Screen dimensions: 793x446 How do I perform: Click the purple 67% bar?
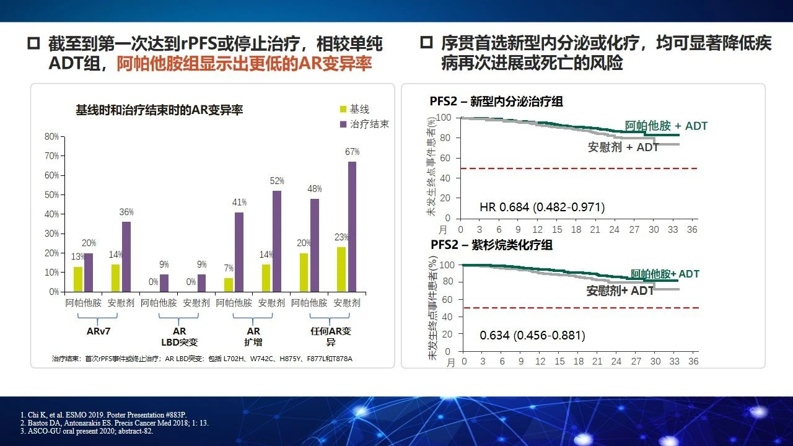point(353,227)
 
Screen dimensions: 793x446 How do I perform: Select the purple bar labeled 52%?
point(277,242)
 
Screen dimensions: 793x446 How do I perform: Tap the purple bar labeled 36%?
point(126,257)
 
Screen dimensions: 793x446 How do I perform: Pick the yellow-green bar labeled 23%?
point(341,269)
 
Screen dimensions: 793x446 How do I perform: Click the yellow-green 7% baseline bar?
point(229,286)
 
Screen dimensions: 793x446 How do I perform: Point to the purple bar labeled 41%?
point(239,252)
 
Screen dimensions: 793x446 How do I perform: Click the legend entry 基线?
point(354,109)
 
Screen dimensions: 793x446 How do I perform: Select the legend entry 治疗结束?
point(364,125)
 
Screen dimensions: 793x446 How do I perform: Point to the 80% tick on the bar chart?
point(51,137)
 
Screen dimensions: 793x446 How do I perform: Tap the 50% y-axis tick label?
point(51,195)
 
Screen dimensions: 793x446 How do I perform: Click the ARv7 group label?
point(99,331)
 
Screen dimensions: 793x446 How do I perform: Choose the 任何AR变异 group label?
point(331,336)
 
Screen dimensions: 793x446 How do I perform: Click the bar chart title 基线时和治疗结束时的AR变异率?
point(159,110)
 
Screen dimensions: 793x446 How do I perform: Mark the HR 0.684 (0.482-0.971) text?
point(542,207)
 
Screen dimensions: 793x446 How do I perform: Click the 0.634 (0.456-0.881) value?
point(532,335)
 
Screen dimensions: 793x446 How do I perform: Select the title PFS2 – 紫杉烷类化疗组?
point(491,245)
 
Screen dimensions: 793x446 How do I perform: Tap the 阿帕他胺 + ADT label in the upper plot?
point(666,126)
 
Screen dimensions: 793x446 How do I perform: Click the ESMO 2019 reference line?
point(103,415)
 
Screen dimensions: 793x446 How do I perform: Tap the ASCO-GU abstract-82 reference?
point(87,431)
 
